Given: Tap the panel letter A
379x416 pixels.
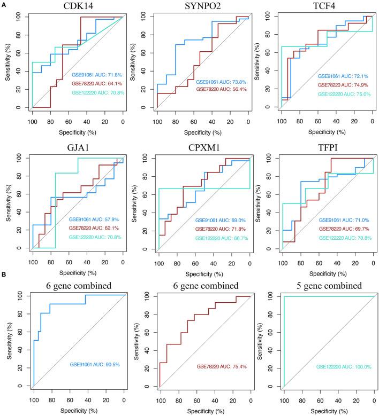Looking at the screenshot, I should (4, 4).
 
